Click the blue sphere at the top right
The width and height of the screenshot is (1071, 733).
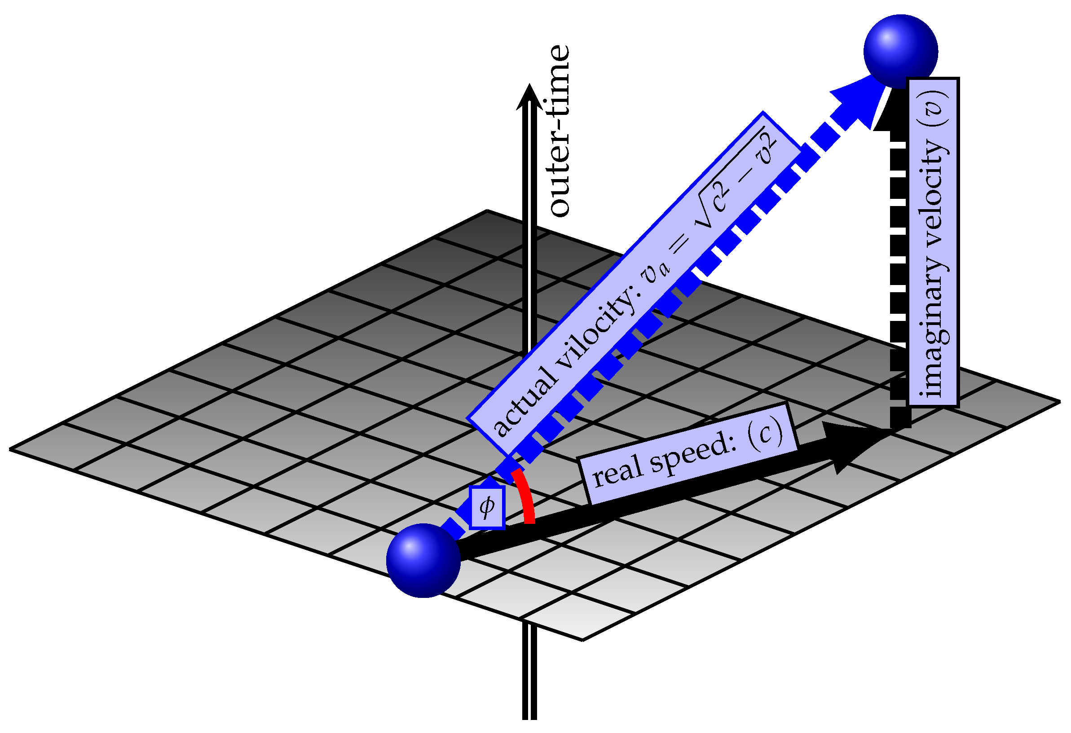coord(901,51)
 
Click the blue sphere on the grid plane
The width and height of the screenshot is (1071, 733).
coord(423,560)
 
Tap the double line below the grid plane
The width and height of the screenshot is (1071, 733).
coord(529,673)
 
